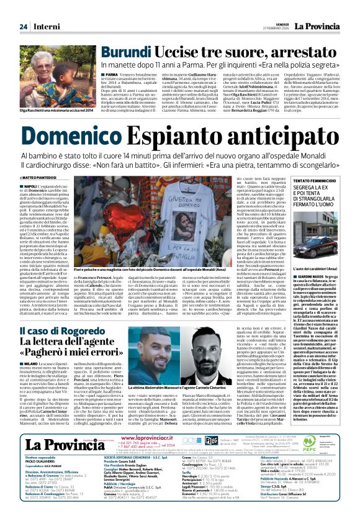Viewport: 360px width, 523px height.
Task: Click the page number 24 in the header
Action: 23,27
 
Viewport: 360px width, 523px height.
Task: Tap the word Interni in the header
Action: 45,27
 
